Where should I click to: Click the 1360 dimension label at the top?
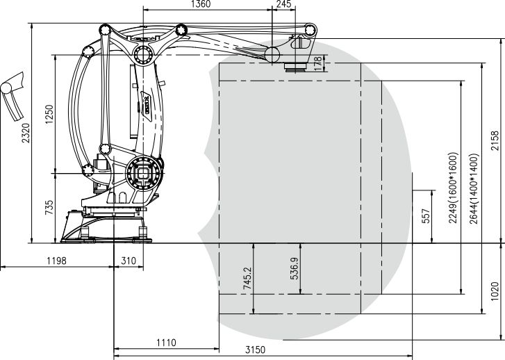click(201, 4)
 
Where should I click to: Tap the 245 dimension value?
click(283, 4)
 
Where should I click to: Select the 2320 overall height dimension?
click(26, 133)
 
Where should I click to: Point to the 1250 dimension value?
click(49, 114)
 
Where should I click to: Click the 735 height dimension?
click(49, 208)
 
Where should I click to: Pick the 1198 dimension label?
click(57, 261)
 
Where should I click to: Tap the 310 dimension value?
click(129, 261)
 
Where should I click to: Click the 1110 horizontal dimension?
click(166, 343)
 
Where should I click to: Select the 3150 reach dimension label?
click(256, 350)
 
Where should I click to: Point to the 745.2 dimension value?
click(247, 278)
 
